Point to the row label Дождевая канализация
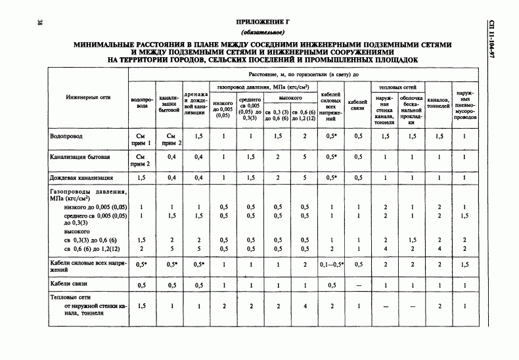[81, 177]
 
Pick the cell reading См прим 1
[139, 139]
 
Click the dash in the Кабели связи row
[358, 286]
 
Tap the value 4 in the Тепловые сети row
[304, 306]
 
